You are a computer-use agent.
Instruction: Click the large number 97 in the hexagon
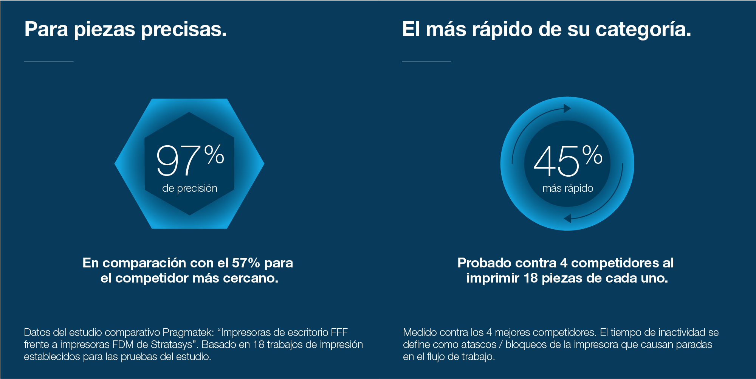[x=178, y=161]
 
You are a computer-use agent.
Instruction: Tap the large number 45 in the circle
[x=556, y=162]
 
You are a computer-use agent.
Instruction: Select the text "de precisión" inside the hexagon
[x=190, y=188]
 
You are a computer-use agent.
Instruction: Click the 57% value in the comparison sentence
[x=246, y=263]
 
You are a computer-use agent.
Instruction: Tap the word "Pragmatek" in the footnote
[x=188, y=332]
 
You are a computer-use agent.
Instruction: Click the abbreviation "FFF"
[x=339, y=332]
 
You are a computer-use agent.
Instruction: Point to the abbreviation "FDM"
[x=125, y=345]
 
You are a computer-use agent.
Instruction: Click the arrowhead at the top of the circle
[x=567, y=109]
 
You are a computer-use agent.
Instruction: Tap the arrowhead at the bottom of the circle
[x=567, y=218]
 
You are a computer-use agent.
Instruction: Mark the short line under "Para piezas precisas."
[x=49, y=61]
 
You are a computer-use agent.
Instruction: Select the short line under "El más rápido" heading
[x=426, y=61]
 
